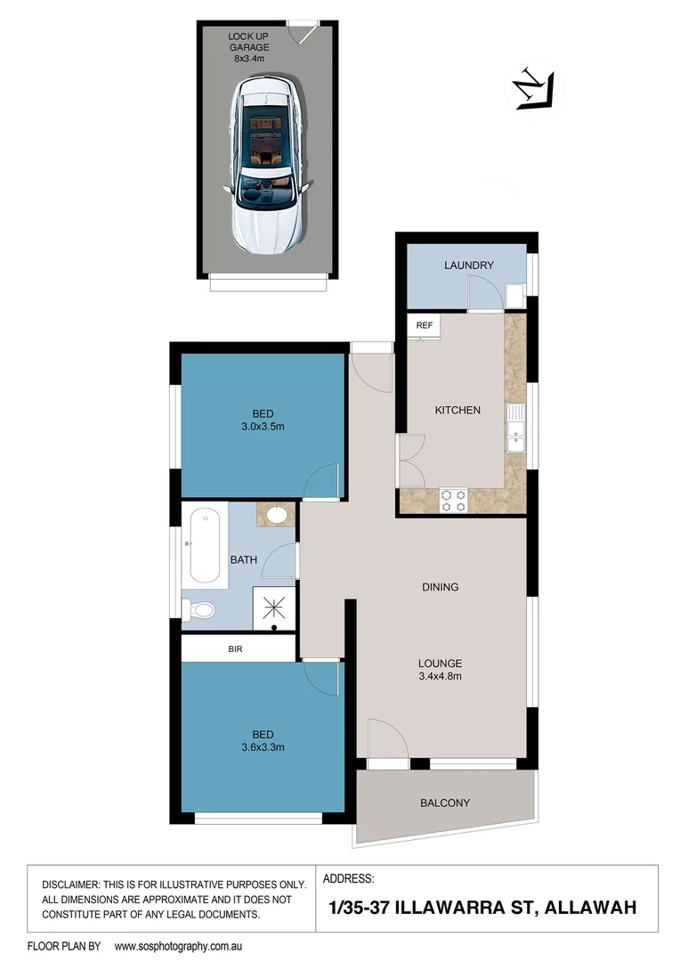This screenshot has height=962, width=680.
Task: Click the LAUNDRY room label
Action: (x=469, y=265)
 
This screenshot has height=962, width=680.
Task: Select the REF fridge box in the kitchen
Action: (x=424, y=325)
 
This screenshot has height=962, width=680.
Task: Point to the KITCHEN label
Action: (x=457, y=411)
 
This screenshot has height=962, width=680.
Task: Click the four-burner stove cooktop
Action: (x=454, y=501)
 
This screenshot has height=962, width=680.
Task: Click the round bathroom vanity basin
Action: (x=276, y=514)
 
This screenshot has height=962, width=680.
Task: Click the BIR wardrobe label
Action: (x=236, y=650)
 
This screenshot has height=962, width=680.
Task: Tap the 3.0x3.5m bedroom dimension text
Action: (x=263, y=426)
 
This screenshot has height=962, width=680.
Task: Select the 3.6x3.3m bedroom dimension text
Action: (x=263, y=747)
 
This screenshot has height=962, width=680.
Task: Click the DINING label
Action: (x=441, y=587)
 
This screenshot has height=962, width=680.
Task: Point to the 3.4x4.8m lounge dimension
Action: (x=441, y=676)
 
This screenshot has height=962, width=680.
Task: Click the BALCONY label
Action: (x=444, y=803)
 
